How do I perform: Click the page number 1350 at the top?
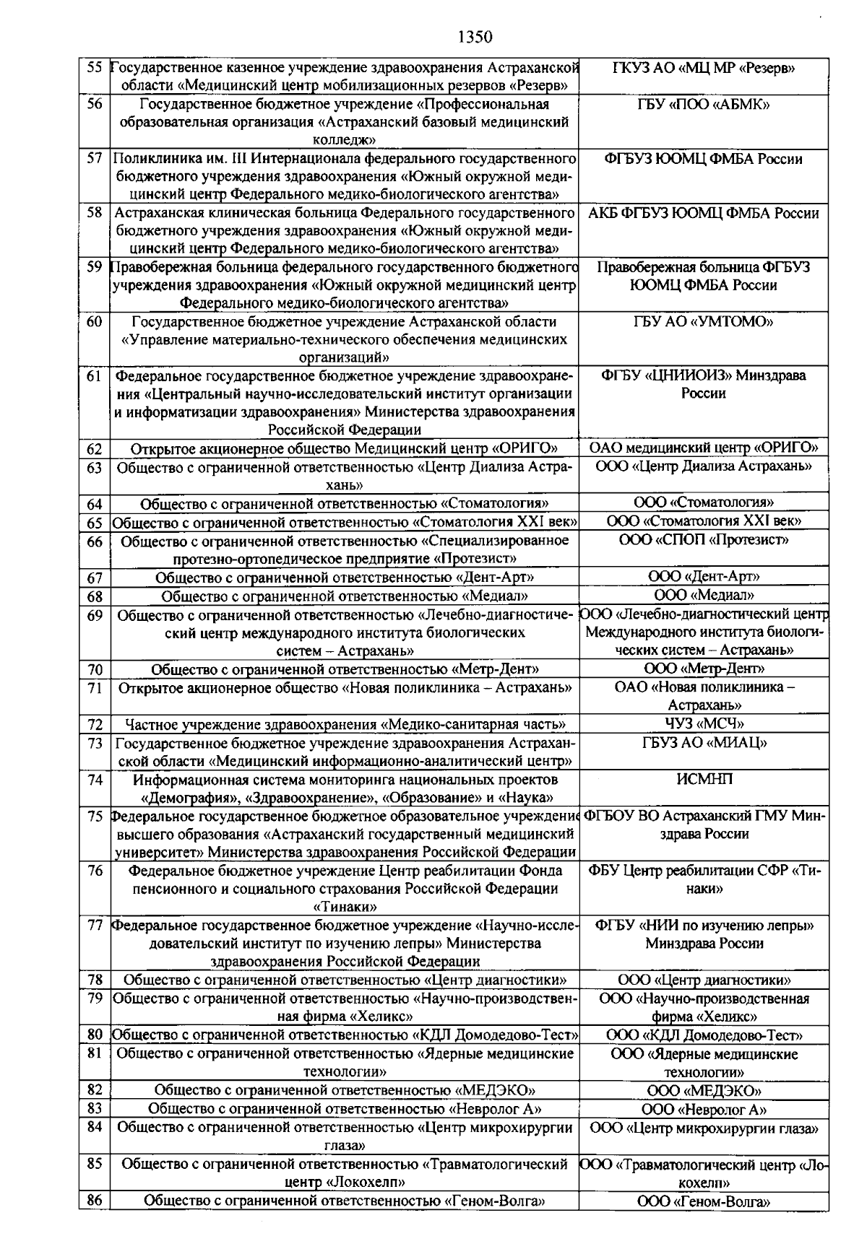click(475, 37)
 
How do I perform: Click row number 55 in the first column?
click(94, 68)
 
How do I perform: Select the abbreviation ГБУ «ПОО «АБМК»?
click(703, 105)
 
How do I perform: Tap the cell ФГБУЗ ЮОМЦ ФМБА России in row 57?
click(703, 159)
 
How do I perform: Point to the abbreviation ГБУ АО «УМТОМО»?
click(703, 322)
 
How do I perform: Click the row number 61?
click(94, 376)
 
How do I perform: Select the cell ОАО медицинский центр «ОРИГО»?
click(703, 448)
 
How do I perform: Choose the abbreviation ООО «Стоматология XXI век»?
click(703, 521)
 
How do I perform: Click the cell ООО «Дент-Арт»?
click(703, 577)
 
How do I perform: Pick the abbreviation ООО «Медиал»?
click(703, 596)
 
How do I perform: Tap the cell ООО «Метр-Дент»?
click(703, 669)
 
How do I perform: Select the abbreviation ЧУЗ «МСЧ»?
click(703, 723)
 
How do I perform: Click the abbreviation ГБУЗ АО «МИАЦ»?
click(703, 743)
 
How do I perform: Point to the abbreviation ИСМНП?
click(703, 780)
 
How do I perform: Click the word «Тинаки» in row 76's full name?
click(345, 907)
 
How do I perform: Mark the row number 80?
click(94, 1035)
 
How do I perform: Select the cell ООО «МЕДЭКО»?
click(703, 1091)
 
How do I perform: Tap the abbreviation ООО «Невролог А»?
click(703, 1110)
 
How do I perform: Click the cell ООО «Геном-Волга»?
click(703, 1202)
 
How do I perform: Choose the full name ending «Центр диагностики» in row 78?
click(345, 980)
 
